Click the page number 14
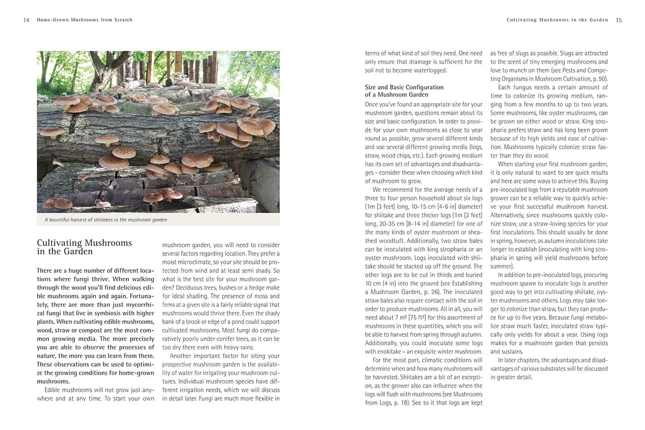point(26,20)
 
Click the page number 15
point(619,20)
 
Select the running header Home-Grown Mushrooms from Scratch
point(85,20)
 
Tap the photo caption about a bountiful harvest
point(106,219)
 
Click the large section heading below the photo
point(84,247)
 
